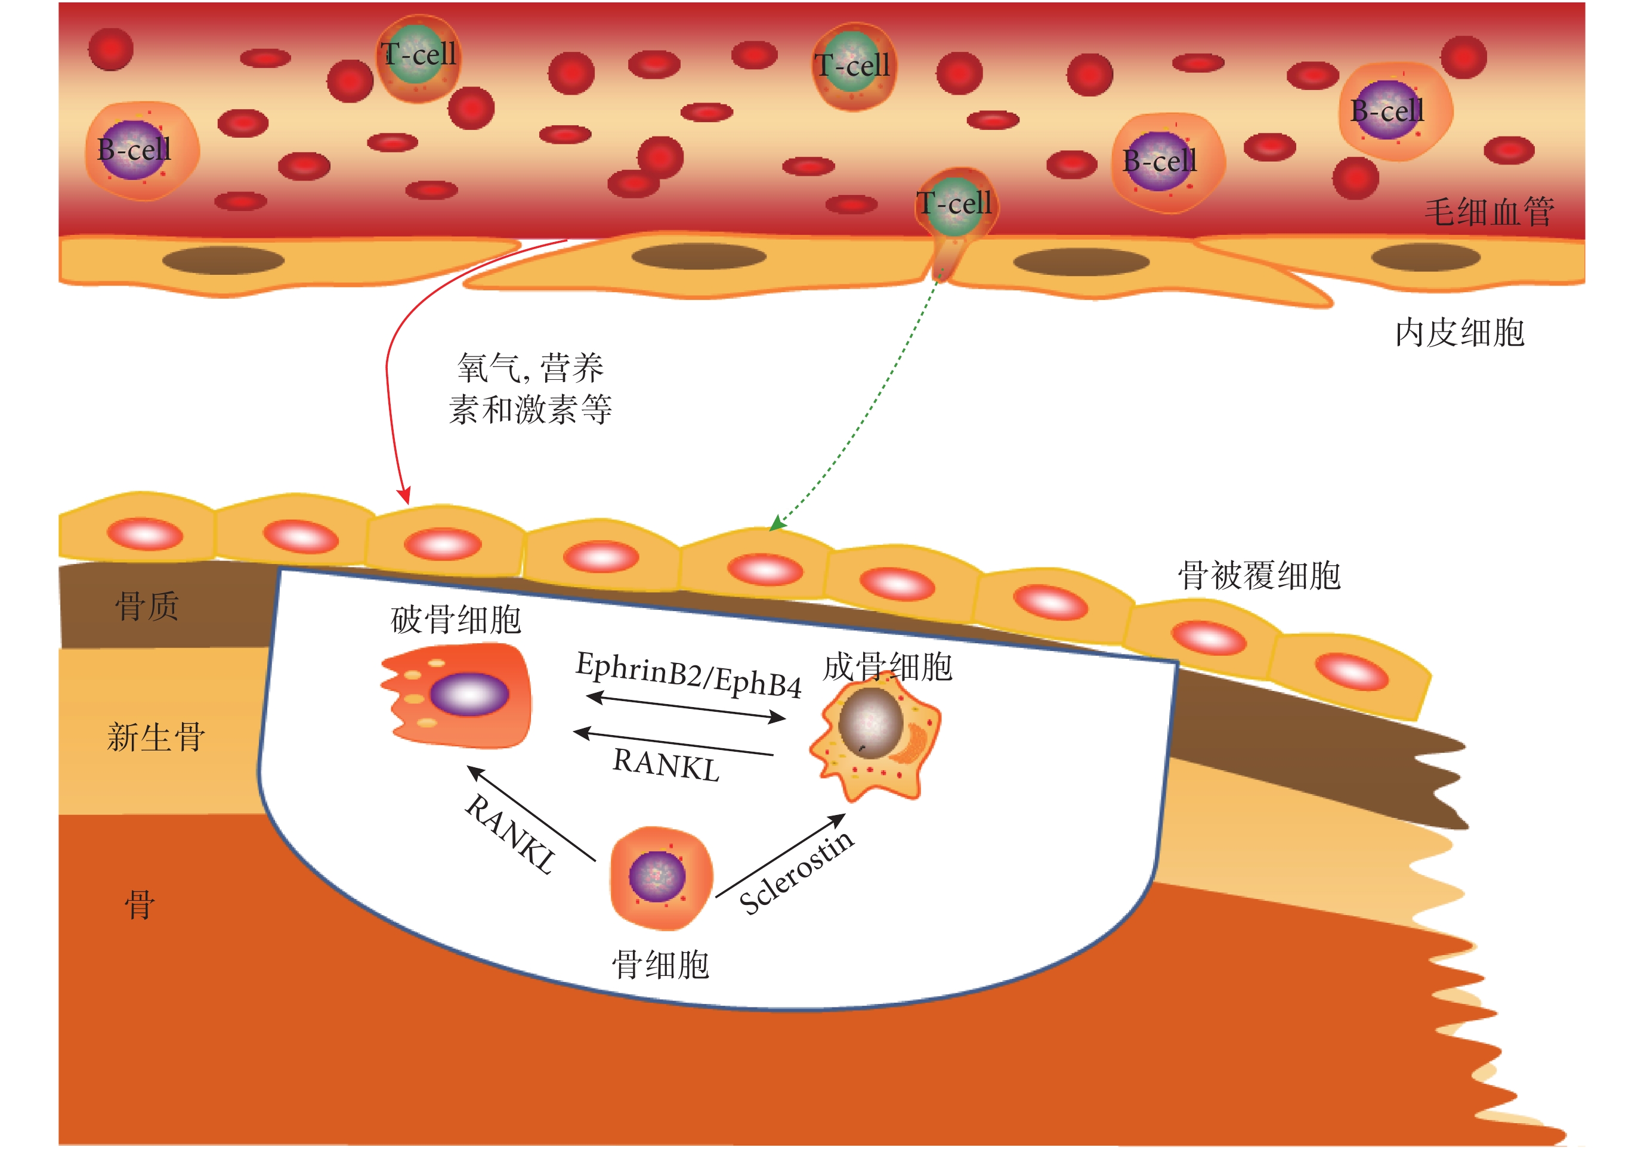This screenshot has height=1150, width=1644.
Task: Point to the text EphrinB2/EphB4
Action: (689, 674)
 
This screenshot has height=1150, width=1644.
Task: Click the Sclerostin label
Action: (796, 872)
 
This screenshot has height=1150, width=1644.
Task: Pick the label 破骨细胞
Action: (456, 620)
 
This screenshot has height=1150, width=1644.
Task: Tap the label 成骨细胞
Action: (887, 667)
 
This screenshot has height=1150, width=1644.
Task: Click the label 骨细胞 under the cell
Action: (660, 965)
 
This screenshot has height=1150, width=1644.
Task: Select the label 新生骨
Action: (156, 737)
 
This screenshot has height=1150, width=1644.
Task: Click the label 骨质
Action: (147, 606)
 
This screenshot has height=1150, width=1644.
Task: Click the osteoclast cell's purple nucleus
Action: (469, 694)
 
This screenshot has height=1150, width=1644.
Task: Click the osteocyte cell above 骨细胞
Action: (660, 878)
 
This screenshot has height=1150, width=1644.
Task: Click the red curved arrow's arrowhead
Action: (405, 496)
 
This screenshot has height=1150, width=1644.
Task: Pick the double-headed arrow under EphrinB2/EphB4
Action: (685, 706)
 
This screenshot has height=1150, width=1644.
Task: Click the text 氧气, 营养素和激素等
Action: (530, 389)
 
